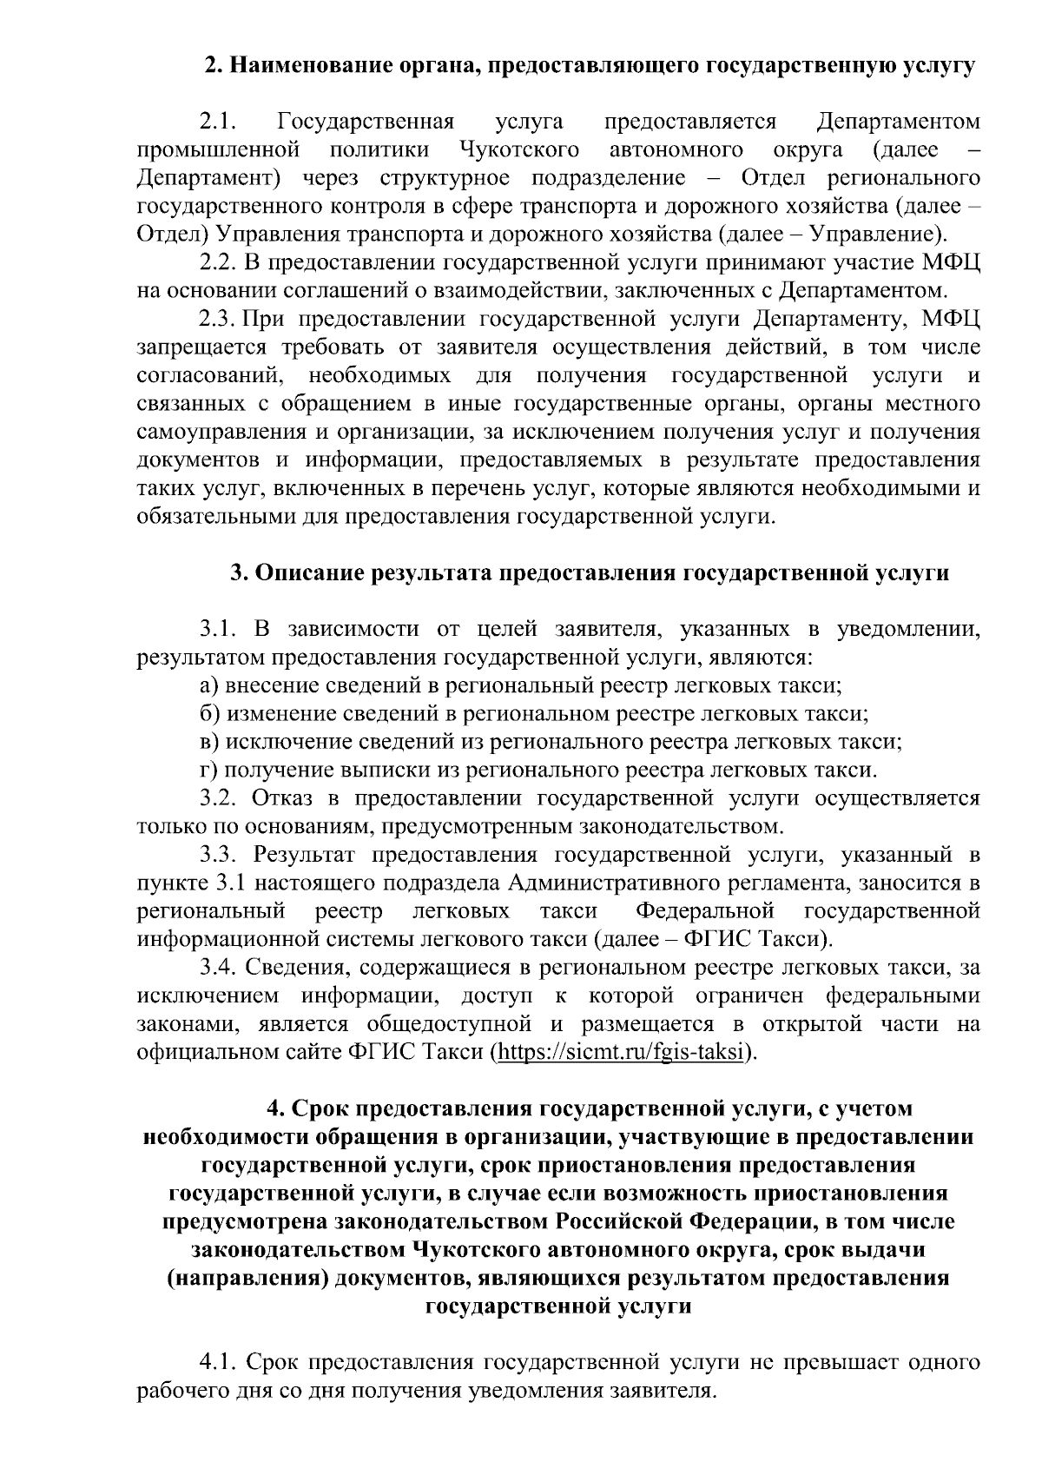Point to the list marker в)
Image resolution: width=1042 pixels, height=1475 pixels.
[209, 742]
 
